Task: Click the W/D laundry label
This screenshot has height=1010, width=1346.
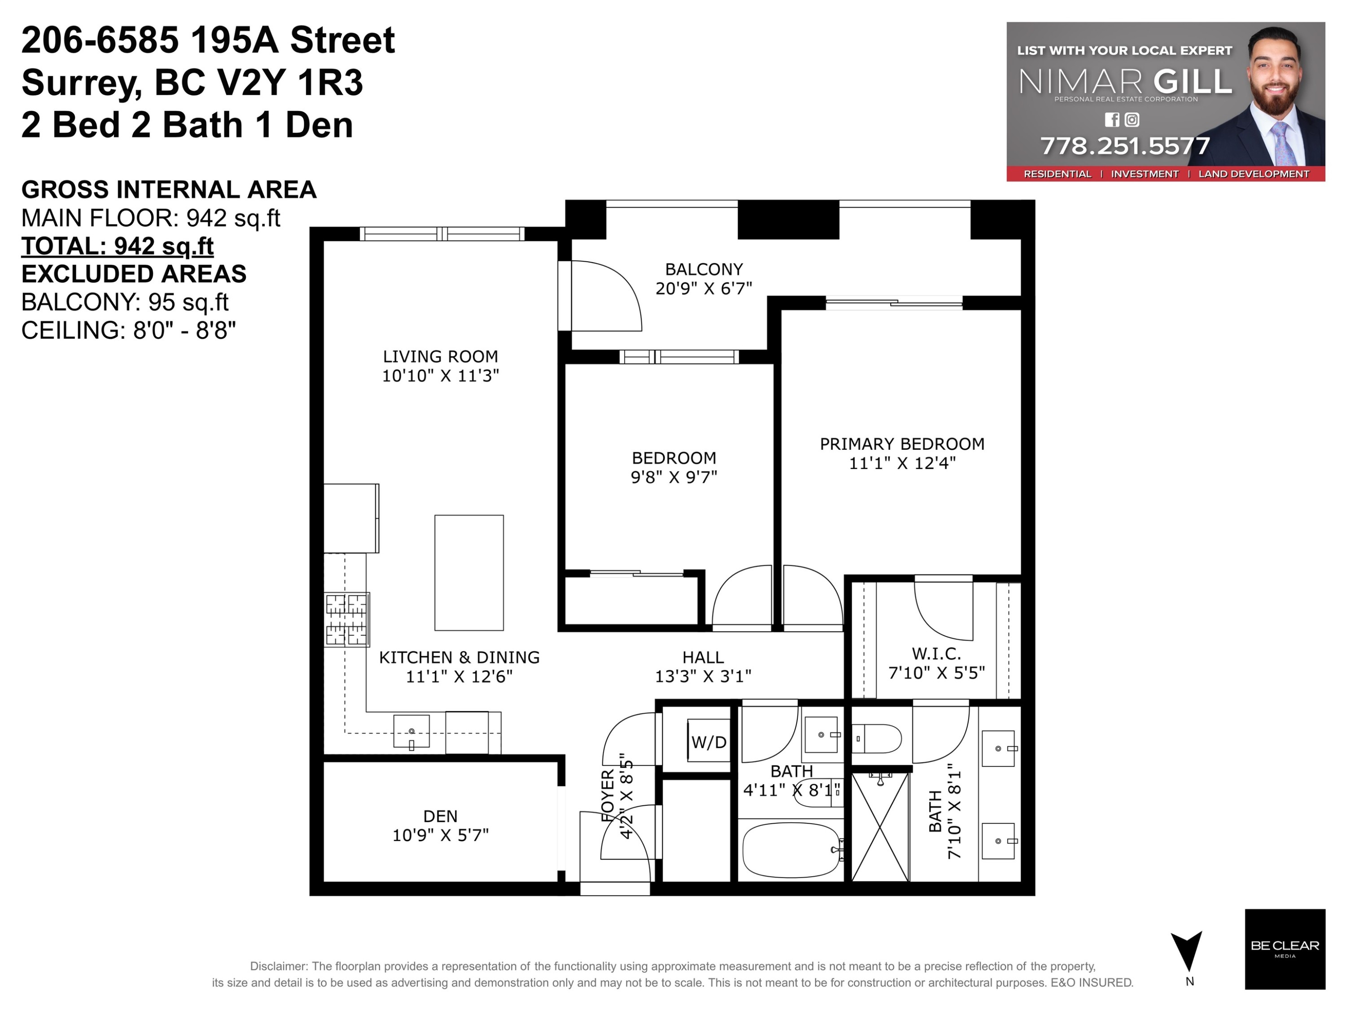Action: [x=709, y=742]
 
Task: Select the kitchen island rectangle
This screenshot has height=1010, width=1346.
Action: [x=468, y=573]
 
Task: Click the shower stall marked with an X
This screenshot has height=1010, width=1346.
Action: [x=880, y=827]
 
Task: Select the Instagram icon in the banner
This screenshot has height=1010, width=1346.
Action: [x=1132, y=120]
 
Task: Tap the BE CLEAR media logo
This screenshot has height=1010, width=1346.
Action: [x=1285, y=949]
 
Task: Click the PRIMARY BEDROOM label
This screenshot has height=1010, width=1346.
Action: [x=902, y=444]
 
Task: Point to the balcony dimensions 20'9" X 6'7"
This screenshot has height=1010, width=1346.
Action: [x=704, y=289]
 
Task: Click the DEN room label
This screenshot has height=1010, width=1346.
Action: [x=440, y=816]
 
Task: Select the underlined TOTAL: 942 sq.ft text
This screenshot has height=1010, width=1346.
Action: [x=118, y=246]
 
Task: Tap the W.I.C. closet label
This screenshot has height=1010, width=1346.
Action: [x=936, y=654]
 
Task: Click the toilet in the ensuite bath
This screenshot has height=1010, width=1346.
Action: [x=876, y=738]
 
